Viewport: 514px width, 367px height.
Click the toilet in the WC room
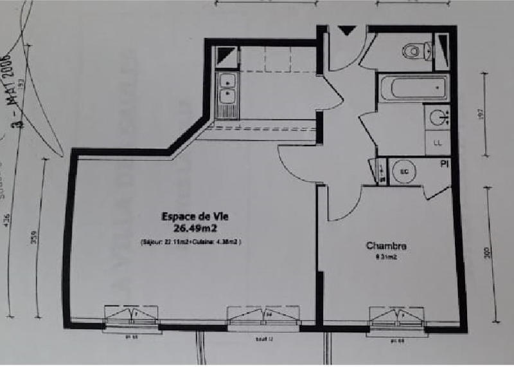click(414, 50)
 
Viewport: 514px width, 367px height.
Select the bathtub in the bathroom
click(412, 88)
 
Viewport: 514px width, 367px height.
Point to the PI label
click(444, 165)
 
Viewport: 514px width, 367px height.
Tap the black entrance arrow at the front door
click(346, 30)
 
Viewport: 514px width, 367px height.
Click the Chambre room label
click(386, 245)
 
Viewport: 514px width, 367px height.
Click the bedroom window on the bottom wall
click(396, 317)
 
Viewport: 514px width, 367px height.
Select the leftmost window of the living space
click(131, 315)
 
